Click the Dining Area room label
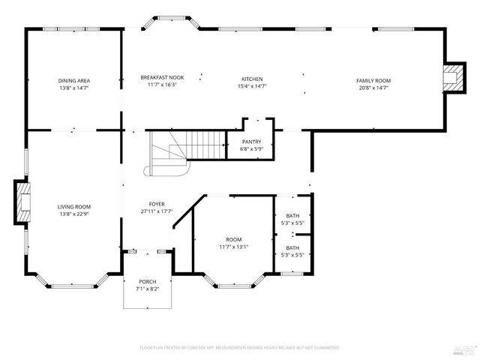tap(73, 80)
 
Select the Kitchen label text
tap(251, 79)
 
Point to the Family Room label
tap(373, 80)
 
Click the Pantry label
tap(251, 141)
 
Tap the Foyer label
tap(157, 204)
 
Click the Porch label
tap(147, 281)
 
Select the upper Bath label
tap(292, 215)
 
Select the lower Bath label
tap(292, 247)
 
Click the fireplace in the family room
tap(451, 77)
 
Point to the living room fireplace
tap(23, 202)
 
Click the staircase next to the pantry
tap(187, 145)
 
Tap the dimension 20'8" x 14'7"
tap(373, 87)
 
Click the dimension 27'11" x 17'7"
tap(157, 211)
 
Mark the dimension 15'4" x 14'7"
tap(251, 86)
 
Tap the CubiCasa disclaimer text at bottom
tap(239, 348)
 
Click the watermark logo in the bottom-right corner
tap(462, 349)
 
